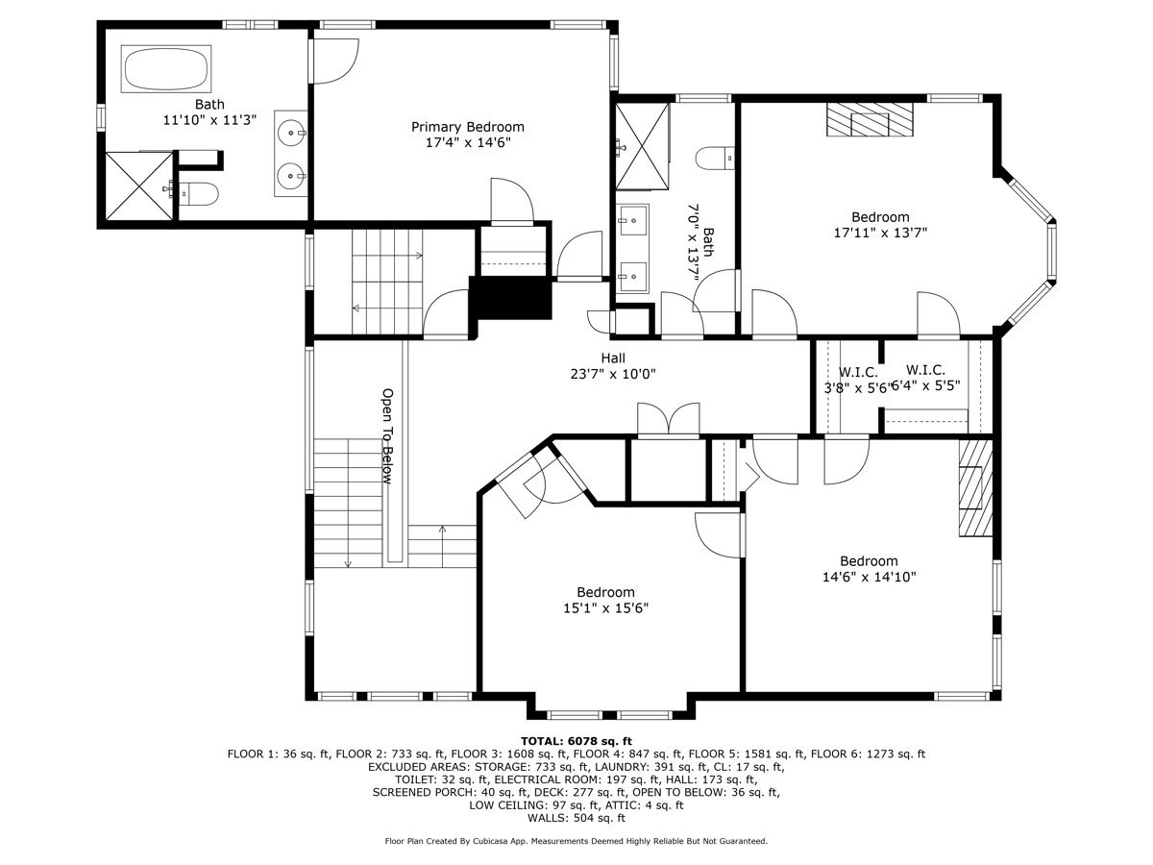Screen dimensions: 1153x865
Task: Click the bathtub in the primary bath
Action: pyautogui.click(x=166, y=69)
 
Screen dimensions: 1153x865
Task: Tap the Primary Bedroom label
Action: pyautogui.click(x=468, y=127)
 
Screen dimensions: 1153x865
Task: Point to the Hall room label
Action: pyautogui.click(x=613, y=358)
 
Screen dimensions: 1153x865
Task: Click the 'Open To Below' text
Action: pyautogui.click(x=387, y=436)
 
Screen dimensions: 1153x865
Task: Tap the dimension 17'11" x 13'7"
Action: pyautogui.click(x=880, y=233)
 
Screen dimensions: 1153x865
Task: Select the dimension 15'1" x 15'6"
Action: pyautogui.click(x=605, y=608)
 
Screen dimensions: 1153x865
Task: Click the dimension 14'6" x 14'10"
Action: pyautogui.click(x=869, y=577)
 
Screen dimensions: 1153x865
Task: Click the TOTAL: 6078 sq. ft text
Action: pyautogui.click(x=576, y=741)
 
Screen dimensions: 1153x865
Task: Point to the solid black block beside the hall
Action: pyautogui.click(x=510, y=298)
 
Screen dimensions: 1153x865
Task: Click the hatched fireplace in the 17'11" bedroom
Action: pyautogui.click(x=870, y=120)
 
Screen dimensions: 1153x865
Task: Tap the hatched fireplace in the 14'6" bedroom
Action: pyautogui.click(x=975, y=488)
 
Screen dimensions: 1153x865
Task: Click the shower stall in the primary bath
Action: pyautogui.click(x=139, y=185)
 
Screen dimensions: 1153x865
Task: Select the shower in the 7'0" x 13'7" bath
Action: pyautogui.click(x=642, y=146)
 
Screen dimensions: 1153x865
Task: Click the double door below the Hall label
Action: pyautogui.click(x=668, y=419)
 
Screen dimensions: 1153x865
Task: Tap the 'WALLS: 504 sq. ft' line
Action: pyautogui.click(x=576, y=818)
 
